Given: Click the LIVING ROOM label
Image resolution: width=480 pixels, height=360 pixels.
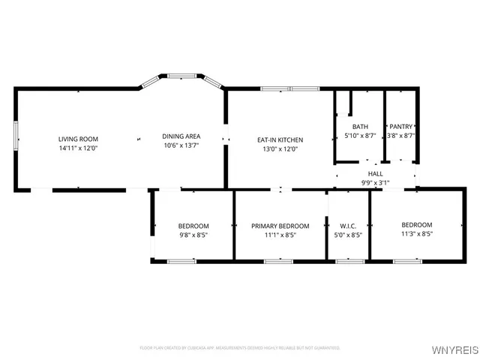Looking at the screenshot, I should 79,139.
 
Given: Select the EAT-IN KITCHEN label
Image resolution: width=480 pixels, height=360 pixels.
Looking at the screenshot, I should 280,139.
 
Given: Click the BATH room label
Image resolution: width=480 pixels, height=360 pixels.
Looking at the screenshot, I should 360,127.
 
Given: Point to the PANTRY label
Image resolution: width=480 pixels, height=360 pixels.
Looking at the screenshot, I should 401,127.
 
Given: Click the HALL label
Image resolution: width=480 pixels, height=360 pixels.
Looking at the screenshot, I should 375,173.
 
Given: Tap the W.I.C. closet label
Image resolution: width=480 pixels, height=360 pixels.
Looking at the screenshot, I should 348,226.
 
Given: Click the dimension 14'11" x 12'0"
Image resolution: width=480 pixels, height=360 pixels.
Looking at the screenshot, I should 79,148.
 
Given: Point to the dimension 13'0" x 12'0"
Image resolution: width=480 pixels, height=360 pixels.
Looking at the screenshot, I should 280,148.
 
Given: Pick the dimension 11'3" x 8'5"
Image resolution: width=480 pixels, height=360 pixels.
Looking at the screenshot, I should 416,234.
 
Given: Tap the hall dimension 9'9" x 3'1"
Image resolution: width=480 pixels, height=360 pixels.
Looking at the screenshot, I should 375,182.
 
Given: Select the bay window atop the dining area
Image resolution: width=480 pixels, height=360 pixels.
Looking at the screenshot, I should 181,76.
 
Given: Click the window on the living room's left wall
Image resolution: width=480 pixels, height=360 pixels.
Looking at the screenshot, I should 16,138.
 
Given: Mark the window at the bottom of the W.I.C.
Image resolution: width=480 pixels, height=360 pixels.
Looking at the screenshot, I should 348,261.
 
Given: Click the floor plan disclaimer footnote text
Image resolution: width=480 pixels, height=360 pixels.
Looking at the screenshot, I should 240,348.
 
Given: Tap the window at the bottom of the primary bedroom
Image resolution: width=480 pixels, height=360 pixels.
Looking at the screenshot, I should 277,261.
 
